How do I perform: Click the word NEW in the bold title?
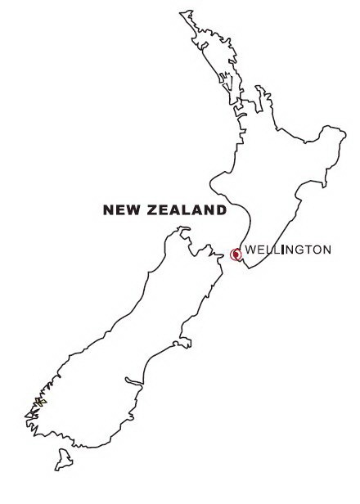(120, 210)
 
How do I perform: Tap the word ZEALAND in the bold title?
(187, 210)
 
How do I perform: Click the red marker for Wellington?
(236, 254)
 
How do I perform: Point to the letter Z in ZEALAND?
(153, 210)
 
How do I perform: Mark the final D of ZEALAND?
(221, 210)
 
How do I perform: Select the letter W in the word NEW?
(130, 210)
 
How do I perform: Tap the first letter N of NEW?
(108, 210)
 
